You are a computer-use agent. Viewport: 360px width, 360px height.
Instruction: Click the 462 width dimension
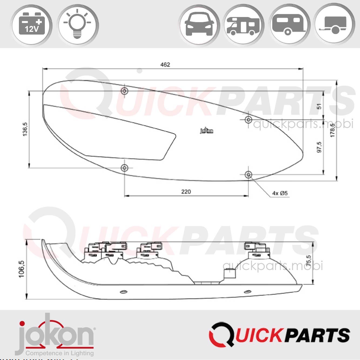pos(165,65)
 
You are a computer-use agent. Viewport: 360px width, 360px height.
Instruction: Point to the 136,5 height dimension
pos(25,129)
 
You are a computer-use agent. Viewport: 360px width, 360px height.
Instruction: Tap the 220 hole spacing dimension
pos(186,192)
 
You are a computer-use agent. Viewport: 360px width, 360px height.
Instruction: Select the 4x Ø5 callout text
pos(280,193)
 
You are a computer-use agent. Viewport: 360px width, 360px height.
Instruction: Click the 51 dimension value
pos(319,106)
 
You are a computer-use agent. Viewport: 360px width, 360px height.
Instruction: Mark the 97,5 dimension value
pos(319,147)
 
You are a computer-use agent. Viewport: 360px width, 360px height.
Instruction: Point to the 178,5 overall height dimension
pos(333,130)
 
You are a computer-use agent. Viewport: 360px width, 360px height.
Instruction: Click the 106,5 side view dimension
pos(21,269)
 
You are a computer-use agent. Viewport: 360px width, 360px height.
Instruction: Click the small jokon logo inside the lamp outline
pos(207,131)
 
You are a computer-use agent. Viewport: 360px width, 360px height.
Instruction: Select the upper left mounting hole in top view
pos(124,91)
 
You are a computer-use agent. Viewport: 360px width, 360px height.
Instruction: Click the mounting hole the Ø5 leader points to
pos(248,175)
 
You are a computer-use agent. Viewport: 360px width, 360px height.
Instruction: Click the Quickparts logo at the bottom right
pos(280,335)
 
